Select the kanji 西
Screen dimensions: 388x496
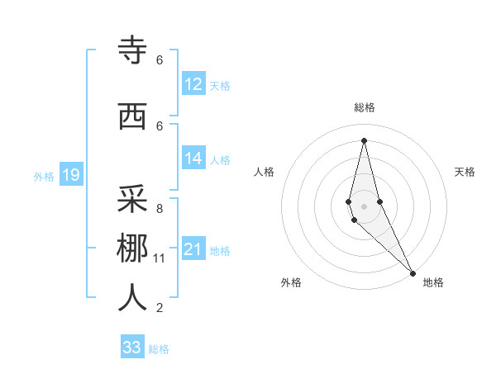click(132, 116)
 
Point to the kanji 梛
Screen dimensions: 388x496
click(132, 248)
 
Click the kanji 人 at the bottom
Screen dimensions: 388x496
click(132, 298)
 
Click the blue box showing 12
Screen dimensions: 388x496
click(193, 84)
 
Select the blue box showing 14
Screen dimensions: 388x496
click(193, 159)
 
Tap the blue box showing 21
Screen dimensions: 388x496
click(193, 249)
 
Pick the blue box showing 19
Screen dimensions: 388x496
click(70, 175)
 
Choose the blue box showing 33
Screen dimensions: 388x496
click(132, 348)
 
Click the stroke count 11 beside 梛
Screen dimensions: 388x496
click(160, 258)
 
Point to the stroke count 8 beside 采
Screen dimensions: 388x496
click(160, 209)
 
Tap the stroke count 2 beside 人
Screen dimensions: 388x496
click(160, 308)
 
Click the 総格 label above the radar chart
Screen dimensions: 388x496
click(364, 107)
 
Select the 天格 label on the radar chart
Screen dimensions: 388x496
click(465, 172)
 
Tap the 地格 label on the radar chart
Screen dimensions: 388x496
click(433, 282)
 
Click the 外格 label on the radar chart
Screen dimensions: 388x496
click(291, 282)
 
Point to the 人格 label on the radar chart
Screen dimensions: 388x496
click(264, 172)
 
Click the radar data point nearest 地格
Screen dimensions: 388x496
click(413, 272)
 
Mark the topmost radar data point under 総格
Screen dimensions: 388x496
click(364, 140)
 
